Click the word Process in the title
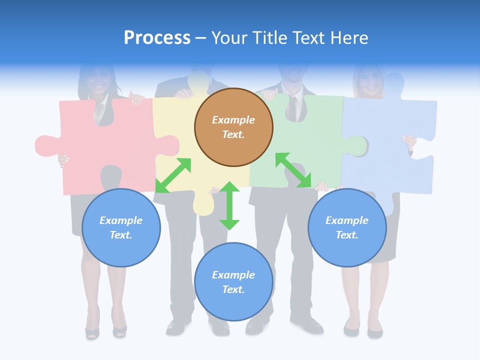[x=157, y=38]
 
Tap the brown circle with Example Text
[x=233, y=127]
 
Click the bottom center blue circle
[x=233, y=282]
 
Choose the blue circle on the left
[x=121, y=227]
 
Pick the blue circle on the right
[x=347, y=227]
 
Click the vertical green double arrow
[x=229, y=205]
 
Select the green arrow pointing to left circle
[x=173, y=175]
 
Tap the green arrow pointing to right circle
[x=293, y=170]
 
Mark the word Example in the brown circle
[x=233, y=120]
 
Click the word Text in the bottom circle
[x=233, y=289]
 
